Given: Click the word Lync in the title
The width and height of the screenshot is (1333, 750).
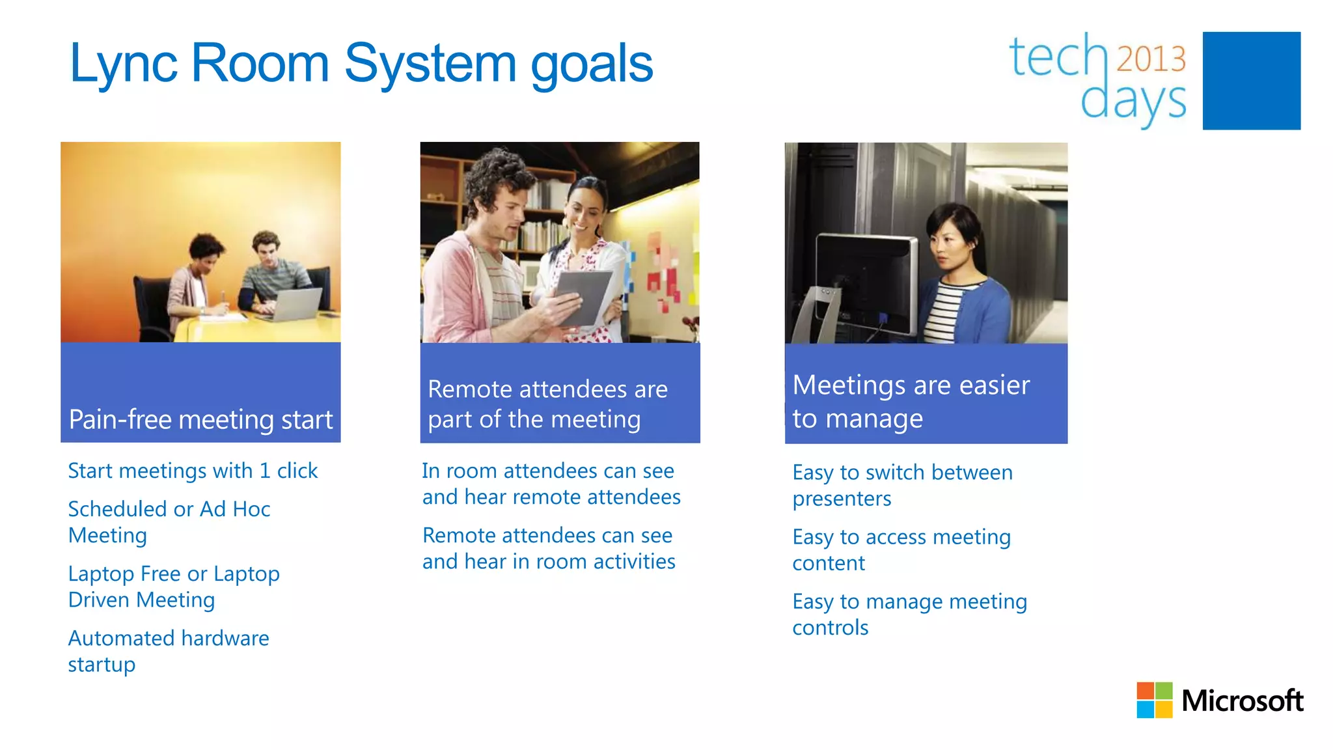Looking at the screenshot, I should pyautogui.click(x=123, y=64).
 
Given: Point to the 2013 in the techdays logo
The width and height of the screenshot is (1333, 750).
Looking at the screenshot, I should pyautogui.click(x=1151, y=59).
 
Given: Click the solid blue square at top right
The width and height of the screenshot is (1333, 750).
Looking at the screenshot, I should pyautogui.click(x=1251, y=81).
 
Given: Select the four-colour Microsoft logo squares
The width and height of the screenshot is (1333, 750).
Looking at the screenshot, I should pyautogui.click(x=1154, y=700).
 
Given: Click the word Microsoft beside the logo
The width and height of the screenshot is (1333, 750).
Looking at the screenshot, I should pyautogui.click(x=1242, y=701).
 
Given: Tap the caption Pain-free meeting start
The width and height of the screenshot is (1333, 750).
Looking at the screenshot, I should pyautogui.click(x=200, y=419).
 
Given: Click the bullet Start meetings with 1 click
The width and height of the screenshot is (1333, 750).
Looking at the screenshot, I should pyautogui.click(x=193, y=471).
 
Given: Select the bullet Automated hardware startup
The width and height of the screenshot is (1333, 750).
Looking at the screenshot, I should pyautogui.click(x=168, y=651).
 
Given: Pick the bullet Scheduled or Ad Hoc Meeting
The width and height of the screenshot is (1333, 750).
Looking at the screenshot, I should pyautogui.click(x=169, y=521).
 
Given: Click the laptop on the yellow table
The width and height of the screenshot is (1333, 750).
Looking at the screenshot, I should pyautogui.click(x=296, y=303).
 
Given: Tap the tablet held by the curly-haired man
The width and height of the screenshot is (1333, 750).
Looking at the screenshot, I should pyautogui.click(x=582, y=296).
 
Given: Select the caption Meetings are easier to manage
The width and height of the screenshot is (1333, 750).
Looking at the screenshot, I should pyautogui.click(x=911, y=402).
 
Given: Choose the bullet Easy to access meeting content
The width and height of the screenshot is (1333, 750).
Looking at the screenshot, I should pyautogui.click(x=901, y=549).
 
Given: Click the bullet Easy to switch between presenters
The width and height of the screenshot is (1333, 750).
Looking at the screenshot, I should pyautogui.click(x=902, y=485).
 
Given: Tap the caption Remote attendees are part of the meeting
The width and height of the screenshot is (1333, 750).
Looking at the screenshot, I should pyautogui.click(x=547, y=404).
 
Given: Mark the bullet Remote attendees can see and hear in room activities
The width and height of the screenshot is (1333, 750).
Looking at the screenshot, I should pyautogui.click(x=548, y=548).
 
